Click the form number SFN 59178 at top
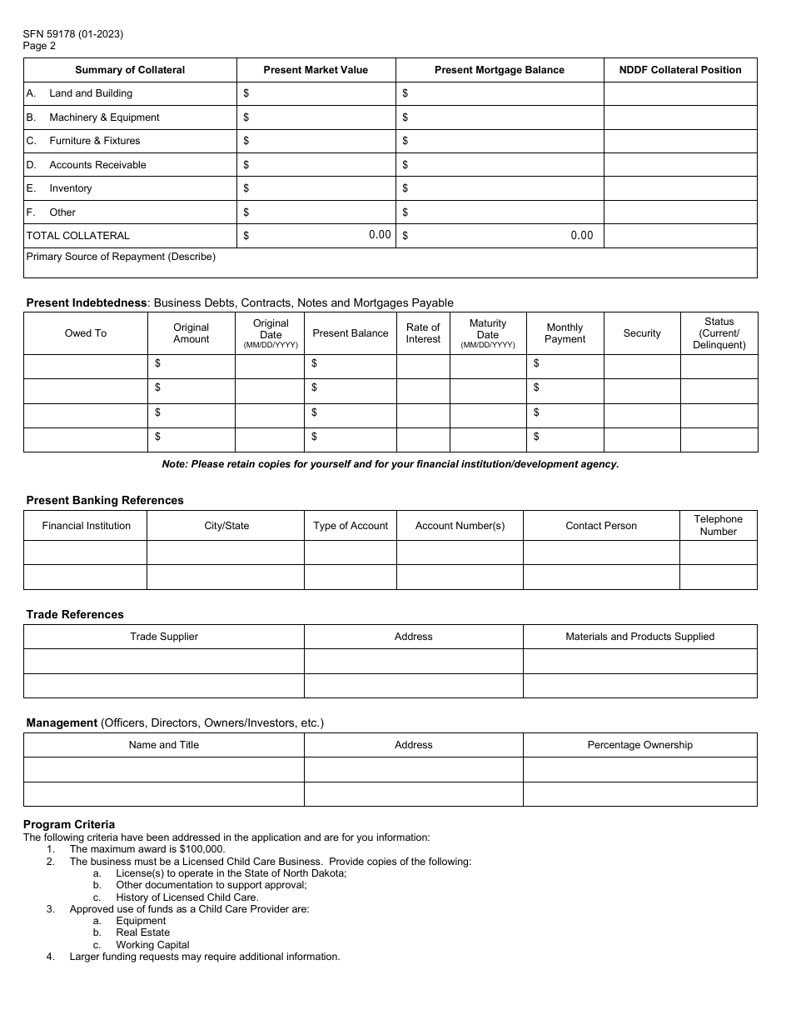(x=73, y=34)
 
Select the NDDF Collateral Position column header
(x=679, y=70)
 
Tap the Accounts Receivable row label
(x=97, y=165)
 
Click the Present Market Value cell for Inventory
(x=316, y=188)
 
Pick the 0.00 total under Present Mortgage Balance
(x=582, y=236)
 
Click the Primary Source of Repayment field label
(x=121, y=257)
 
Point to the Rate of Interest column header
(x=423, y=333)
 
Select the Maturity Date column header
(x=488, y=333)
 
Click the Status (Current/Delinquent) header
(x=719, y=333)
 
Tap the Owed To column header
(x=86, y=333)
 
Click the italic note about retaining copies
(x=390, y=464)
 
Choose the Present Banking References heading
(x=105, y=501)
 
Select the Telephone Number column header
(x=718, y=525)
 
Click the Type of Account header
(x=351, y=526)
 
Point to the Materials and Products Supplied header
(x=639, y=637)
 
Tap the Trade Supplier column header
(x=164, y=637)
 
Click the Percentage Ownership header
(x=639, y=745)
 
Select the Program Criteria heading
(x=69, y=825)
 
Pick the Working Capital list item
(x=152, y=945)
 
